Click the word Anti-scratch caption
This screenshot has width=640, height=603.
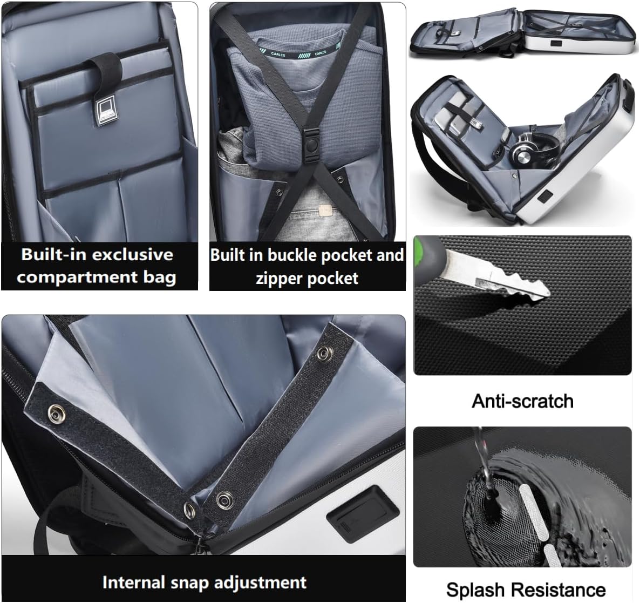[522, 401]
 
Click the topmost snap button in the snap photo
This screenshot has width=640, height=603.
[325, 354]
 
